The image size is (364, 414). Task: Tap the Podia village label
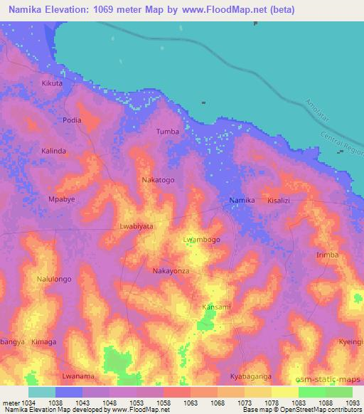[72, 120]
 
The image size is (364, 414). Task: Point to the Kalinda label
[53, 151]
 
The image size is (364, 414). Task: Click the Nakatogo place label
[158, 180]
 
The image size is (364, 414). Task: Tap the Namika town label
[242, 201]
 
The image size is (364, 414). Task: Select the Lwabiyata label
[137, 226]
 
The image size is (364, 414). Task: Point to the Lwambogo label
[202, 240]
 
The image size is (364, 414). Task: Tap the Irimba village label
[327, 255]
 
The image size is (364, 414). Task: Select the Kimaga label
[44, 341]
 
